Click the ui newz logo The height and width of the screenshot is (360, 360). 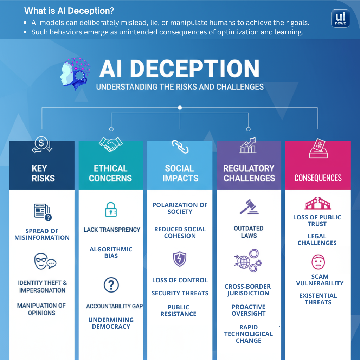point(340,19)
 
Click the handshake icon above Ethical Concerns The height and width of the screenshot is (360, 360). point(110,144)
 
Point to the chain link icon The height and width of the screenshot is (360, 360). point(180,146)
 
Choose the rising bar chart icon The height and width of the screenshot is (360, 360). point(248,146)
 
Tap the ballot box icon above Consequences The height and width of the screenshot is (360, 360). point(318,149)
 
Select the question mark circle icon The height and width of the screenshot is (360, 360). point(111,285)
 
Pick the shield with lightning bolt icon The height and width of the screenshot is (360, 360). point(180,259)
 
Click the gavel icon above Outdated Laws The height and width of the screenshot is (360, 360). point(249,207)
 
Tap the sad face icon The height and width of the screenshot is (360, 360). point(318,262)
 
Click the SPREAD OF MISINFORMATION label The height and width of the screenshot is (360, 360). point(42,234)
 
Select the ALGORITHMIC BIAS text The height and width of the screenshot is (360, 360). point(111,252)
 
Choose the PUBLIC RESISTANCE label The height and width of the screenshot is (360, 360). point(178,310)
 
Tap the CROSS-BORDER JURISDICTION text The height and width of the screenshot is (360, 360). point(248,290)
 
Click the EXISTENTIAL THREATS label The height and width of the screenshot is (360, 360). point(318,299)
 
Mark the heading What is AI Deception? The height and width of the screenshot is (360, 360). point(69,11)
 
